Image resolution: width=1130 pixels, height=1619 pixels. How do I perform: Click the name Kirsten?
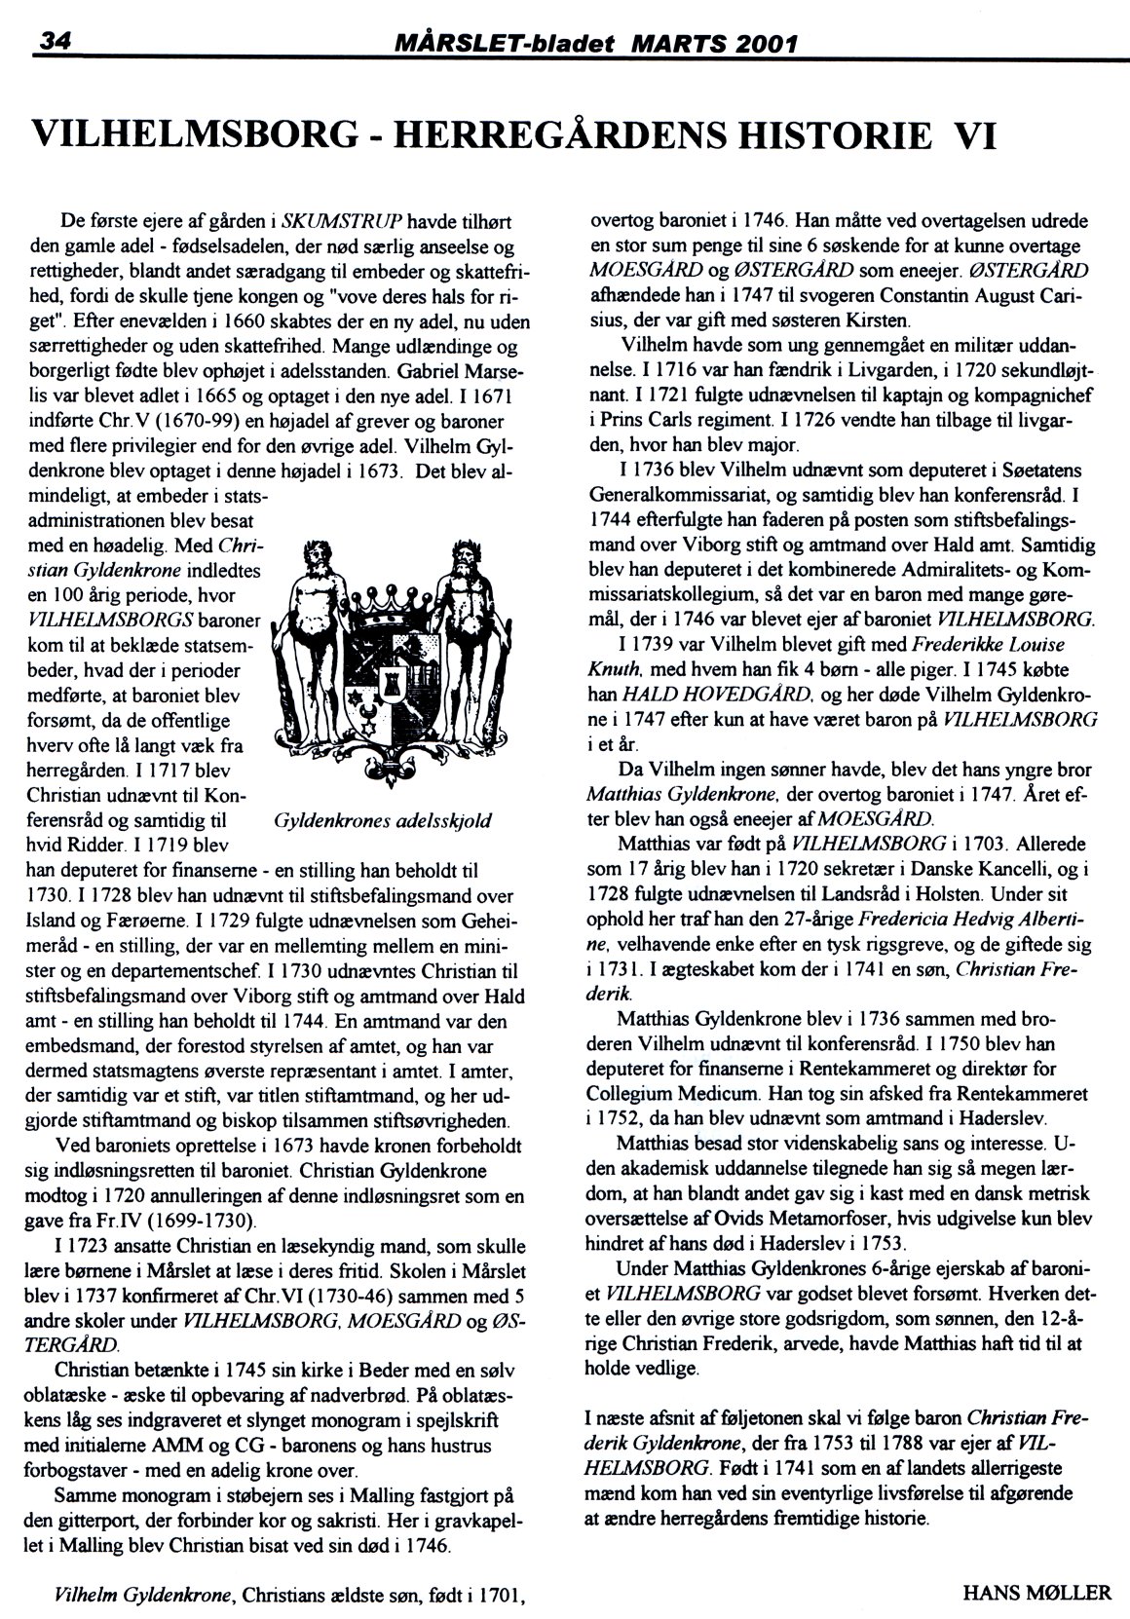click(877, 320)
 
